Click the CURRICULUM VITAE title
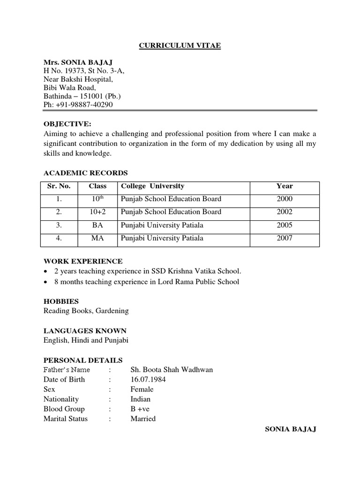[180, 45]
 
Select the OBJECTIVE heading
[67, 124]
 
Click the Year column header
[284, 186]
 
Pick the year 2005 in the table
[284, 225]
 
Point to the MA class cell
[97, 238]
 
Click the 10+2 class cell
[97, 212]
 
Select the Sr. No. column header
[59, 186]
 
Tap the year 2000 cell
[284, 199]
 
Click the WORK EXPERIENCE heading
[83, 261]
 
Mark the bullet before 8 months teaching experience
[45, 282]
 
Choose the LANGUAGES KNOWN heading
[85, 331]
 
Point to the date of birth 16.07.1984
[148, 379]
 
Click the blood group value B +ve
[140, 409]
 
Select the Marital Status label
[65, 419]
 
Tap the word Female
[142, 389]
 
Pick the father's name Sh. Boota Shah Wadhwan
[171, 369]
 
